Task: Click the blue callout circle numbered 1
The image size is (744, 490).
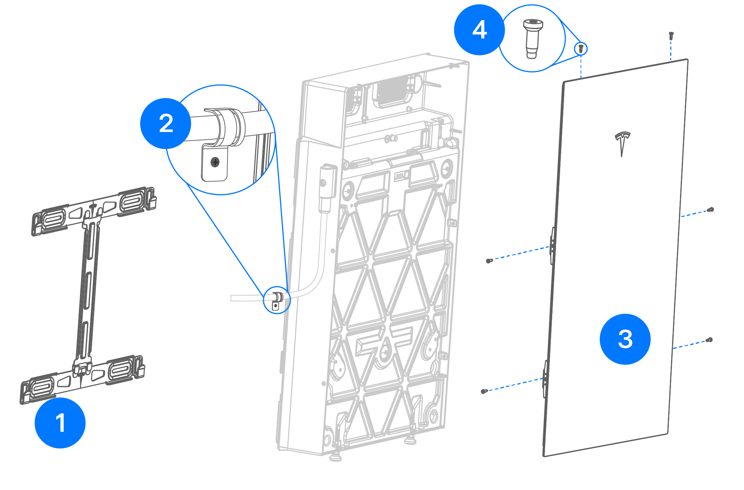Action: (x=60, y=423)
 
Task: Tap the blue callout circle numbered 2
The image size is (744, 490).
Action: (x=165, y=123)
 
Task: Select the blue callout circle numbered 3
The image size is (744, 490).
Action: (x=625, y=339)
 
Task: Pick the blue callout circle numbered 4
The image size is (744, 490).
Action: (x=479, y=30)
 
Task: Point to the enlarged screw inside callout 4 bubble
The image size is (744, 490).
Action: (x=532, y=38)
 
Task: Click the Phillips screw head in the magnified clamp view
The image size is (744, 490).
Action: (x=215, y=162)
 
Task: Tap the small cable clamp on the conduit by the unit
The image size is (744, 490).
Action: (x=277, y=300)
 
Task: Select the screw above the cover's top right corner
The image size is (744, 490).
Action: (x=671, y=35)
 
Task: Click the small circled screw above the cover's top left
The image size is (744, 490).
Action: (x=581, y=49)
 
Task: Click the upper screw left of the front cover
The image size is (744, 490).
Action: (x=489, y=261)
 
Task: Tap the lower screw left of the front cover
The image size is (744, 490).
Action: (x=484, y=391)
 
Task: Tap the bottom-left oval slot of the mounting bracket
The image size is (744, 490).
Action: (x=42, y=387)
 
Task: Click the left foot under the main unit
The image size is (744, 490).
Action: (x=335, y=457)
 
